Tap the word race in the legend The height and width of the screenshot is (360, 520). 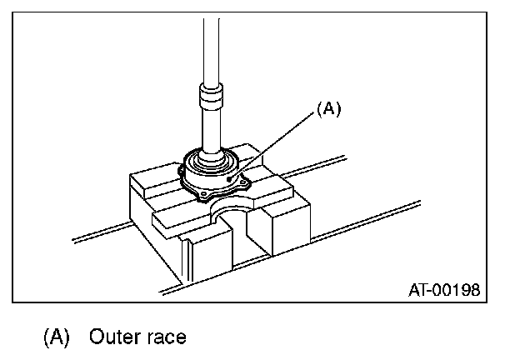coord(165,337)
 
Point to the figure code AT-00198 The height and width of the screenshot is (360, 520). coord(445,290)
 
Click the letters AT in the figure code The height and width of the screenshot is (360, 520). coord(419,290)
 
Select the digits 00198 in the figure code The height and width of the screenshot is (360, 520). coord(457,290)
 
